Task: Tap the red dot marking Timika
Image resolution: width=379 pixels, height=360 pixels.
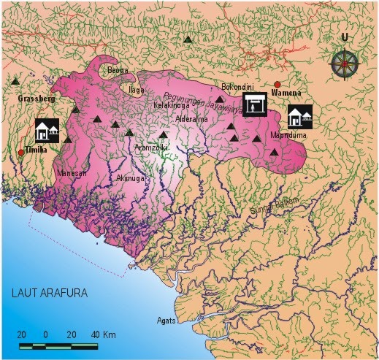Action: (x=20, y=152)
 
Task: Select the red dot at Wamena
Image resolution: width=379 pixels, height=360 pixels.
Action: (x=277, y=85)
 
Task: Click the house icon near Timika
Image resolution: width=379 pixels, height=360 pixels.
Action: (x=47, y=131)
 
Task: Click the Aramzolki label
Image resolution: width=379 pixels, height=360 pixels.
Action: (x=151, y=148)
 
